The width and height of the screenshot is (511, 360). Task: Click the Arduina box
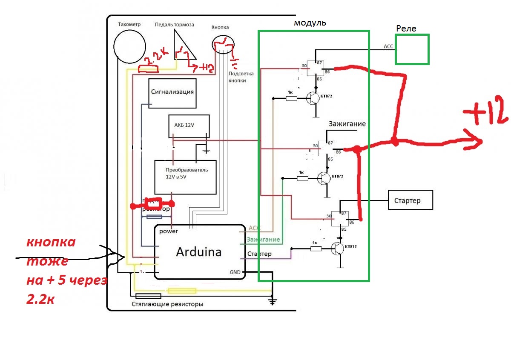click(x=199, y=252)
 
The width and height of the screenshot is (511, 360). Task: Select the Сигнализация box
click(x=172, y=92)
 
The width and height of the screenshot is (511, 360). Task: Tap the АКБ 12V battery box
click(x=189, y=126)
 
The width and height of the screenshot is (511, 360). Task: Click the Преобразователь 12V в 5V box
click(x=185, y=177)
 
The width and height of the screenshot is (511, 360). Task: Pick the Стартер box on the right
click(x=410, y=200)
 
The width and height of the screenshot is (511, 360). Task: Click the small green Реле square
click(x=412, y=49)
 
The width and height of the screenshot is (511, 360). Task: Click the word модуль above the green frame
click(x=310, y=23)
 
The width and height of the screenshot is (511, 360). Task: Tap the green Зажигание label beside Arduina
click(x=263, y=240)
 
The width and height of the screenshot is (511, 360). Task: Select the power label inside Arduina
click(x=169, y=231)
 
